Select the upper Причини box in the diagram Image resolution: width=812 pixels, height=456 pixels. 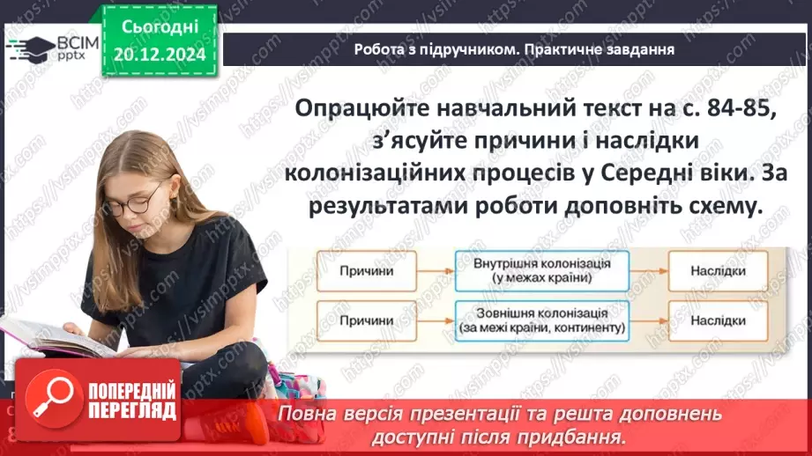[367, 271]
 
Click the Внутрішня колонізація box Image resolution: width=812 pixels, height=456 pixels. [541, 271]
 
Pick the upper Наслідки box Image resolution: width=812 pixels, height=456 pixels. [718, 271]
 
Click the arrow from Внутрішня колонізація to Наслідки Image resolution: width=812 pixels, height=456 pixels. [649, 271]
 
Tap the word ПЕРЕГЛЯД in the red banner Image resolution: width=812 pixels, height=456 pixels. [131, 411]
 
